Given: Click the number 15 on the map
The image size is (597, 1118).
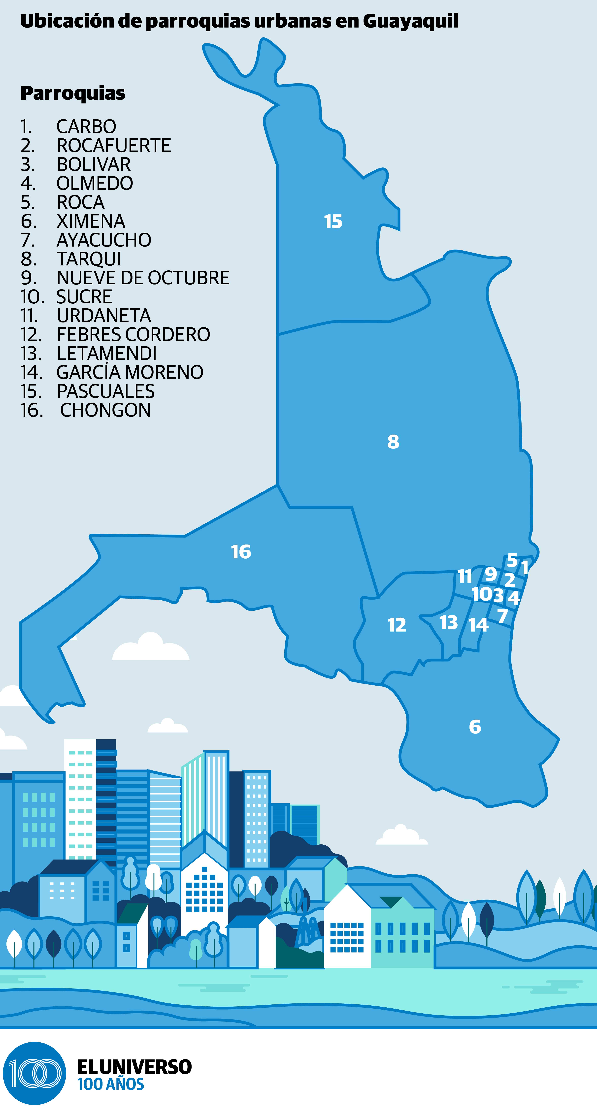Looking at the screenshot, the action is (x=333, y=222).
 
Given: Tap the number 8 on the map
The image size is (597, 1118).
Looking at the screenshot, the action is (x=393, y=442).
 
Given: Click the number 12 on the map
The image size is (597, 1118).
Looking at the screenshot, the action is (x=396, y=625).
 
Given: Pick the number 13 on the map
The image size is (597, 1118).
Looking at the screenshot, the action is (x=449, y=622).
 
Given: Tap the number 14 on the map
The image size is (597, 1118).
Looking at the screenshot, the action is (x=478, y=625).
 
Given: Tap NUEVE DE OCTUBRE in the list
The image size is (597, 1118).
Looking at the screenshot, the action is (x=143, y=278).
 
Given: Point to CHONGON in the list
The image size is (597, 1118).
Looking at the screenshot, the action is (x=105, y=410).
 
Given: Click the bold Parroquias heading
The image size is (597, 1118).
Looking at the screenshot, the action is (x=72, y=93).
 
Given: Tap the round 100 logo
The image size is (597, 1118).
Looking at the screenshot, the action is (x=35, y=1073).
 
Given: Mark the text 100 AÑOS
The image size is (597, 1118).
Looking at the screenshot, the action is (x=111, y=1084).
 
